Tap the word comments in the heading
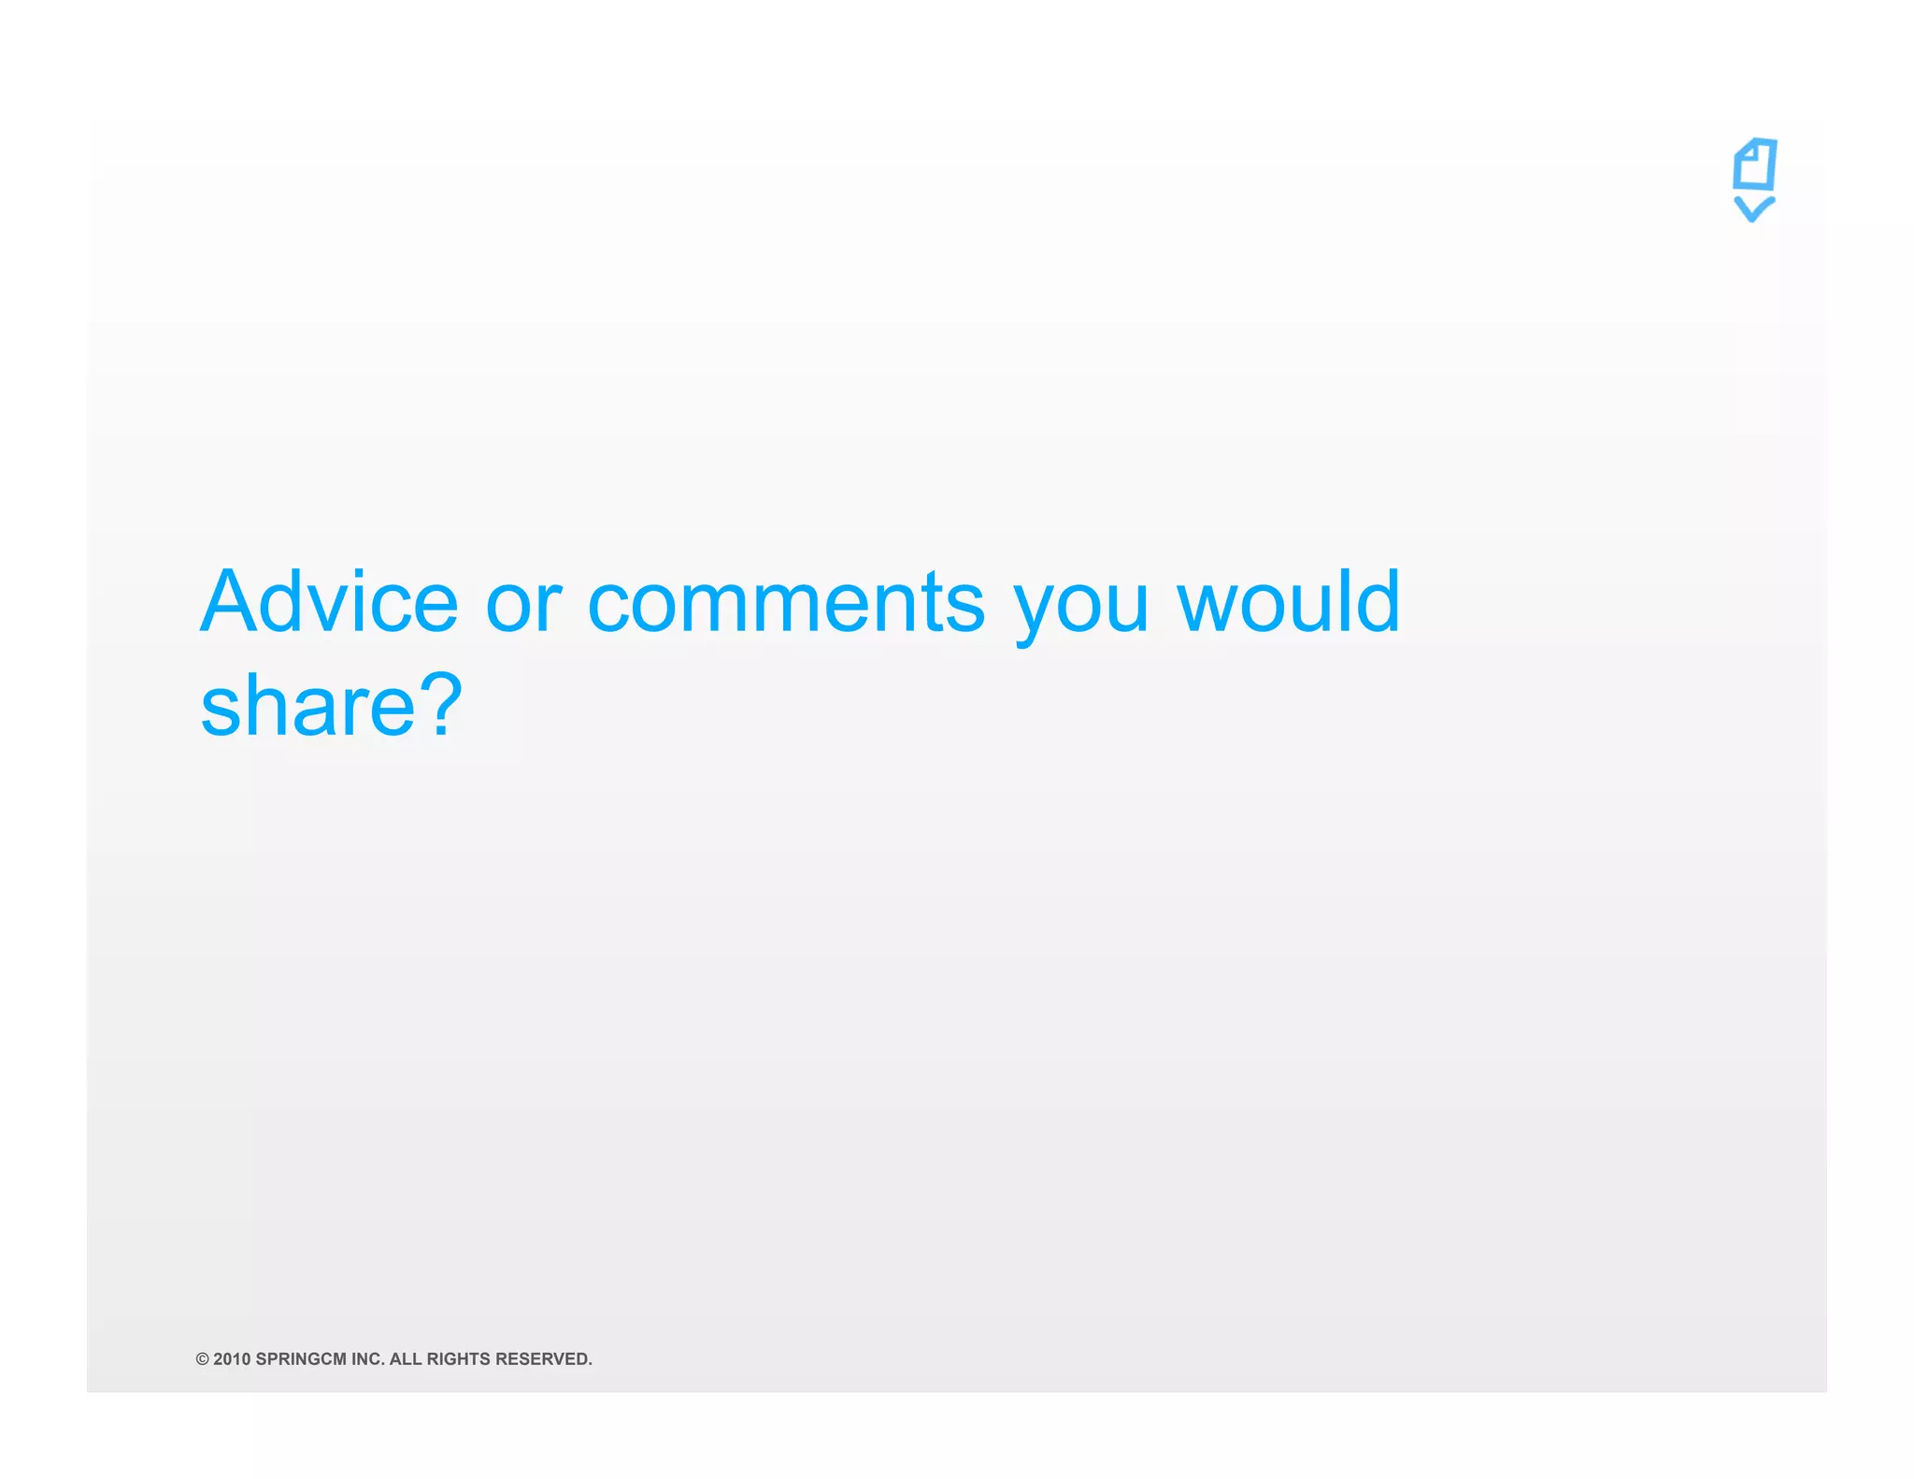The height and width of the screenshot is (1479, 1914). tap(786, 604)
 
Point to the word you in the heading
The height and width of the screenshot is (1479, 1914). tap(1081, 608)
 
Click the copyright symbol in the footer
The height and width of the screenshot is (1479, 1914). tap(202, 1359)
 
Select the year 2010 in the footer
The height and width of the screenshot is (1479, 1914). tap(232, 1359)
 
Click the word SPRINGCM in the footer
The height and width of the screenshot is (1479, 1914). tap(301, 1359)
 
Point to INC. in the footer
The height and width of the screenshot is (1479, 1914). tap(368, 1359)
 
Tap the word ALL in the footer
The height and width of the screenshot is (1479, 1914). tap(406, 1359)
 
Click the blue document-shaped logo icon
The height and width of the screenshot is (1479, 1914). tap(1754, 165)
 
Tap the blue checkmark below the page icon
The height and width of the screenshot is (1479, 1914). tap(1753, 208)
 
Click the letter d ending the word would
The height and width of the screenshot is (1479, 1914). tap(1378, 601)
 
